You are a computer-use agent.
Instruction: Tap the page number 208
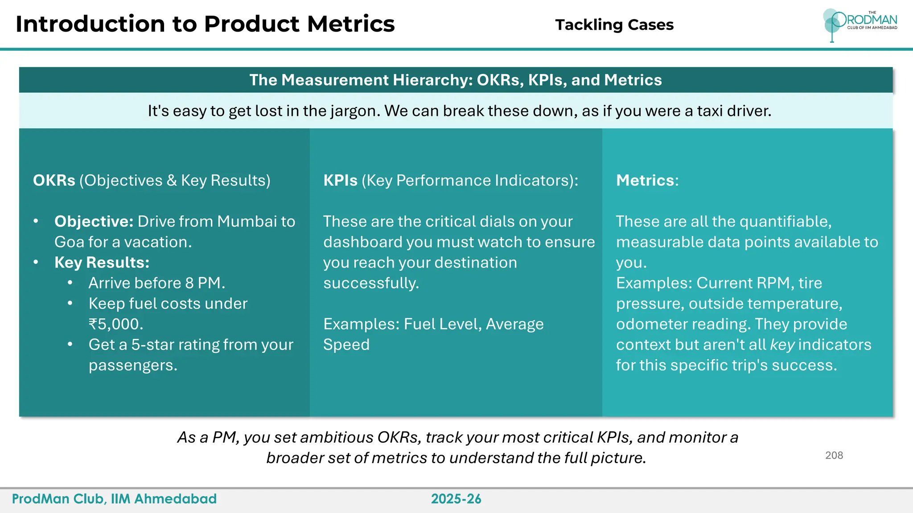point(834,455)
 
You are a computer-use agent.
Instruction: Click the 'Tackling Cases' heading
point(614,25)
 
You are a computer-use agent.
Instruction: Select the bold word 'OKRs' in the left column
point(54,180)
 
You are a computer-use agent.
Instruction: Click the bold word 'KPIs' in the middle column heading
point(340,180)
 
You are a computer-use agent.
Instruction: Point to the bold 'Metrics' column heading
point(645,180)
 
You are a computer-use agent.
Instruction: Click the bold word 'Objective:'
point(94,221)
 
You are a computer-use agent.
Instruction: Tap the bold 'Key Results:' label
point(102,262)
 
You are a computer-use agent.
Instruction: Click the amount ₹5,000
point(115,324)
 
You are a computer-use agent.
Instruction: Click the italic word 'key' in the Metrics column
point(782,345)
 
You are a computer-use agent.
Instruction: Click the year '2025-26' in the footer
point(456,499)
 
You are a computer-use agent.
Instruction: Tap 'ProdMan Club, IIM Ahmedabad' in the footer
point(114,499)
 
